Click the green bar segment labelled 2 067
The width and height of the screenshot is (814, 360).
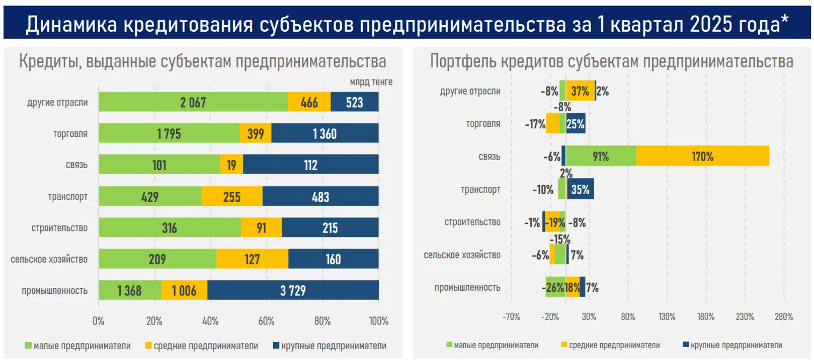click(x=193, y=102)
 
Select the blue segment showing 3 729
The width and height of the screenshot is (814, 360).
click(x=293, y=291)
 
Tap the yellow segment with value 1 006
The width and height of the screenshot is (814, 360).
click(x=184, y=291)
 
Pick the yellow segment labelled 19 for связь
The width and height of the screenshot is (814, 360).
click(x=232, y=165)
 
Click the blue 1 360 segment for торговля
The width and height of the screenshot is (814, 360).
click(x=325, y=134)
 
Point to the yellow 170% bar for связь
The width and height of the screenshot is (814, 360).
click(x=703, y=156)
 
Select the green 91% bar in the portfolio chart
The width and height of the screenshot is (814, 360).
click(x=601, y=156)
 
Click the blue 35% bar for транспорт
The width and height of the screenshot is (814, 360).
click(x=580, y=189)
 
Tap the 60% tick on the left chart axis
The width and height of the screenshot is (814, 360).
click(x=266, y=321)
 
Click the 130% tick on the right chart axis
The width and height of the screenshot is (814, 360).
click(x=667, y=316)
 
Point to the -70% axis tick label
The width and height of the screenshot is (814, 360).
click(x=511, y=316)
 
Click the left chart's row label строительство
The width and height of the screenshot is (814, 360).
click(x=59, y=228)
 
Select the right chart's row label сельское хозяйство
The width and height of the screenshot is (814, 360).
click(x=462, y=255)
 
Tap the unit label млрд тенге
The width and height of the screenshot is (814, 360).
click(x=371, y=82)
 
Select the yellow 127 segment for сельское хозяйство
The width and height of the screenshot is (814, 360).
click(x=252, y=260)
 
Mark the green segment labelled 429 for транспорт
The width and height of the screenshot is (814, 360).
click(x=150, y=197)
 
